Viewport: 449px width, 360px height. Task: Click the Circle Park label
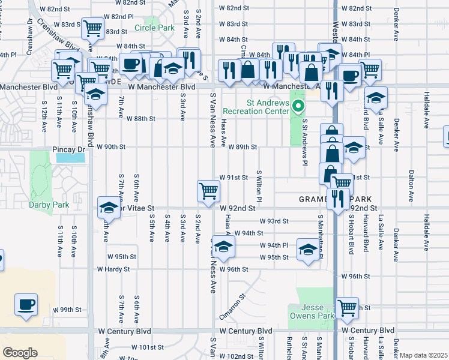click(154, 28)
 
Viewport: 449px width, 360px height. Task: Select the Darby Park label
click(49, 205)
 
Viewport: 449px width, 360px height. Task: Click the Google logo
click(20, 353)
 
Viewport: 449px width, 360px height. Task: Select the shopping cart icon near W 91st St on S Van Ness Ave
click(208, 191)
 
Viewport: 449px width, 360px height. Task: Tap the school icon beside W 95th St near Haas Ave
click(223, 247)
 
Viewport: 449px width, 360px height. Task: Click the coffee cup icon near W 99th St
click(26, 304)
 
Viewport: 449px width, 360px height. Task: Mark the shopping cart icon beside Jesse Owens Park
click(348, 307)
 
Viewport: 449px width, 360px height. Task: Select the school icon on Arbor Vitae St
click(108, 208)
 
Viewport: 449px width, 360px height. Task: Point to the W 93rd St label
click(274, 221)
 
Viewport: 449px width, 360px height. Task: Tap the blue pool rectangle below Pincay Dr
click(70, 158)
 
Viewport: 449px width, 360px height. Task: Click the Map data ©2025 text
click(423, 355)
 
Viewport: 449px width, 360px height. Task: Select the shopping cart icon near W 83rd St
click(92, 28)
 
